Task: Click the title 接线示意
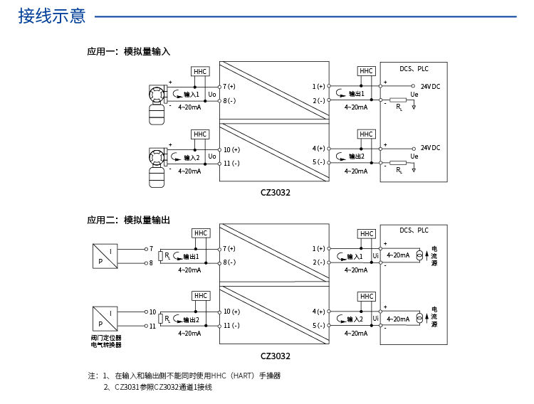tap(52, 16)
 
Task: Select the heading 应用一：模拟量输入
tap(128, 52)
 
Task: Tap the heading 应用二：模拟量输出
tap(128, 220)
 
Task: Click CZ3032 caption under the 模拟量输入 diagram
tap(275, 192)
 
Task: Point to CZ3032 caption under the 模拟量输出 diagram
tap(275, 356)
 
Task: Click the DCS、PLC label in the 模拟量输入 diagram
tap(414, 70)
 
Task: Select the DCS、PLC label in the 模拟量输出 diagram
tap(414, 231)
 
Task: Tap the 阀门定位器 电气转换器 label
tap(106, 341)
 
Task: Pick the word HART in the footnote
tap(243, 376)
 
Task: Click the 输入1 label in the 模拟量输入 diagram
tap(192, 95)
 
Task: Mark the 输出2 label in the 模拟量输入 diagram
tap(357, 156)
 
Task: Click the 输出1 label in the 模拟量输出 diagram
tap(190, 257)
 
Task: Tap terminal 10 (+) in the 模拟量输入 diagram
tap(231, 150)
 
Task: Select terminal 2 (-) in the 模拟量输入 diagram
tap(318, 100)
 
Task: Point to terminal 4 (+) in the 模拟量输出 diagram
tap(318, 312)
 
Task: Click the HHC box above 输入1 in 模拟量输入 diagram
tap(200, 72)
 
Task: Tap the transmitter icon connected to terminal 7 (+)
tap(156, 103)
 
